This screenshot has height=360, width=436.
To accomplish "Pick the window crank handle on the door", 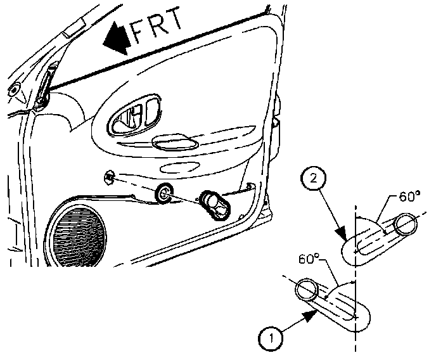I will point(214,204).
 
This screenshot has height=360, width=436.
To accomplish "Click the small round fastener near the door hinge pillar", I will point(13,91).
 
